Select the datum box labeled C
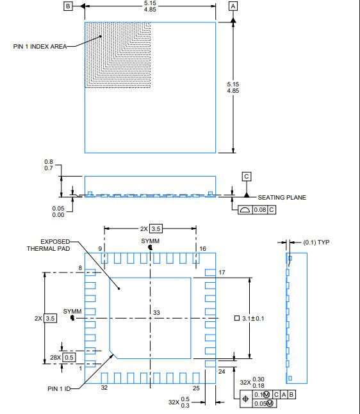(x=247, y=176)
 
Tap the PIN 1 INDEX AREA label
(x=40, y=46)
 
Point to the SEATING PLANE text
(x=282, y=197)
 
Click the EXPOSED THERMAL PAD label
(x=49, y=245)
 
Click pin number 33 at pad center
(x=156, y=312)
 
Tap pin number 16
(x=202, y=248)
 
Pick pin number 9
(x=100, y=248)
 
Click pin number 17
(x=222, y=273)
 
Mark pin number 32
(x=104, y=387)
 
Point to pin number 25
(x=196, y=388)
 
